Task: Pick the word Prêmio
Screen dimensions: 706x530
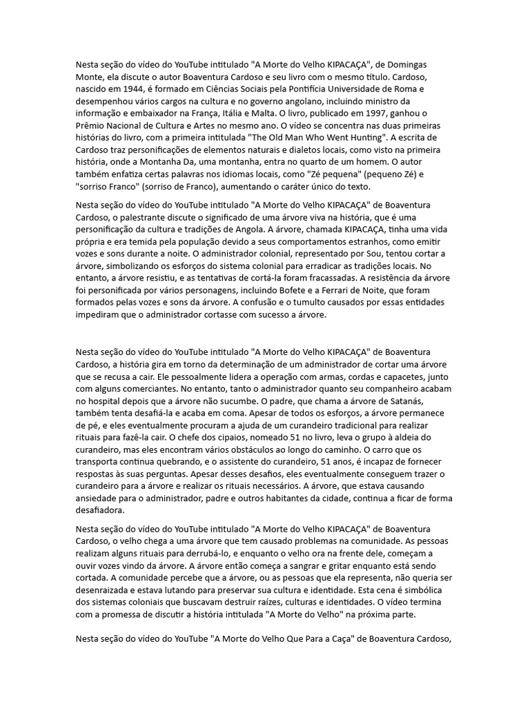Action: pos(92,127)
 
